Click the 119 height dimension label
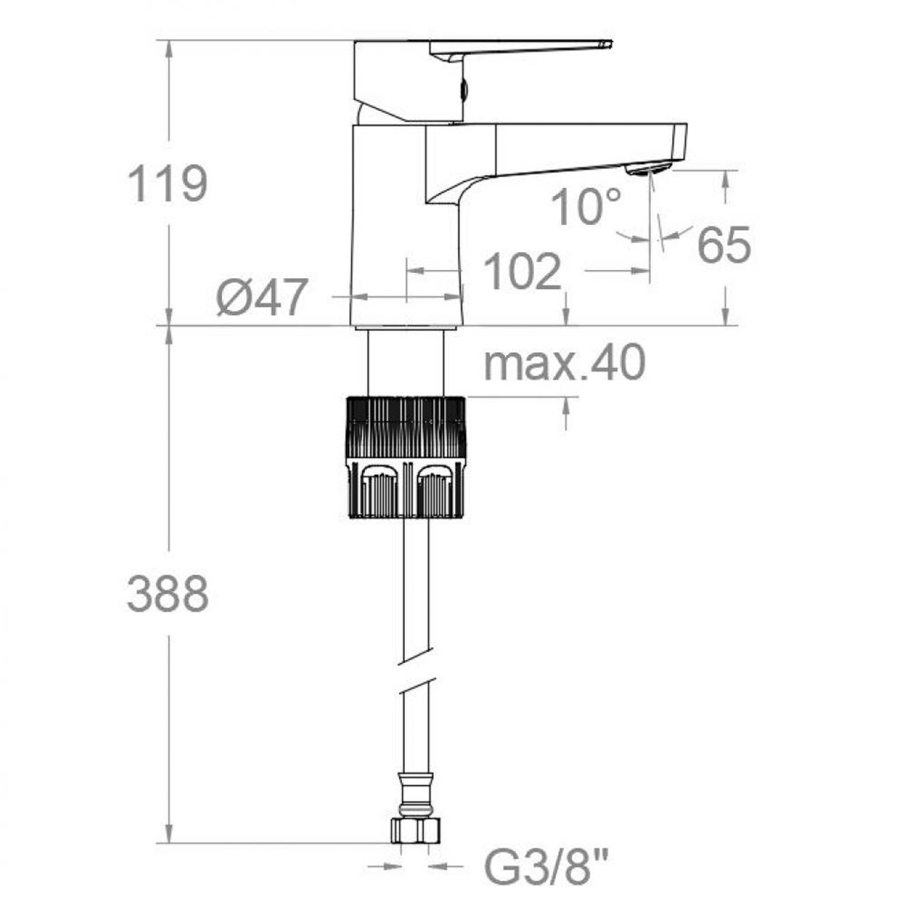(167, 184)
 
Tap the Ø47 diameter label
(262, 297)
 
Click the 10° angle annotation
(585, 207)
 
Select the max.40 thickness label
(564, 363)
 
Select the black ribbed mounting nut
(406, 457)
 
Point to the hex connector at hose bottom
(414, 830)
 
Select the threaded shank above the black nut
(406, 362)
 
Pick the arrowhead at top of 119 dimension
(168, 48)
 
